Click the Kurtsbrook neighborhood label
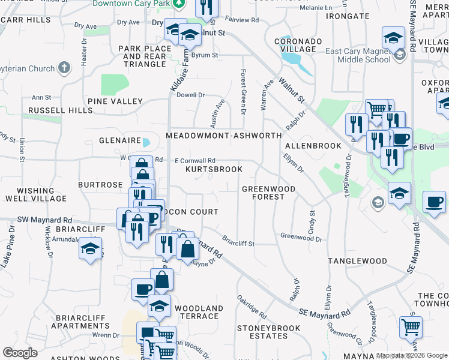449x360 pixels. click(x=214, y=170)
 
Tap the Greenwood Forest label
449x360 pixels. click(x=269, y=193)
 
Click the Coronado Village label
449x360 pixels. click(x=295, y=45)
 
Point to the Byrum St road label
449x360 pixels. click(x=205, y=55)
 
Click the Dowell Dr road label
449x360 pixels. click(x=191, y=95)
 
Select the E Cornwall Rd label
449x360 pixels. click(x=194, y=160)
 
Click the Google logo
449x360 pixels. click(x=20, y=352)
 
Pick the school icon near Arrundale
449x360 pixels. click(x=90, y=248)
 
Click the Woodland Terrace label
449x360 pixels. click(x=198, y=312)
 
